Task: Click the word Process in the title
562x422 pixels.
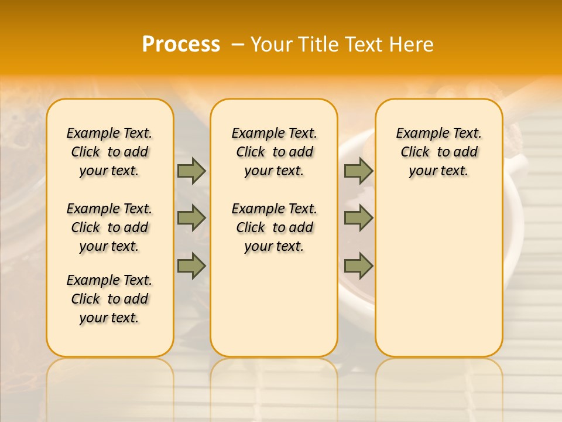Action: pyautogui.click(x=181, y=45)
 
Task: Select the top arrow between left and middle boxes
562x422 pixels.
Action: pyautogui.click(x=191, y=171)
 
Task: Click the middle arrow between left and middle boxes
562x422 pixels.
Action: pyautogui.click(x=191, y=218)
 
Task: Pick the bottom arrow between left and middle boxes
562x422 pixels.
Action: pyautogui.click(x=191, y=266)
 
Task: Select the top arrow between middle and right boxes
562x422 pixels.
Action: pyautogui.click(x=358, y=171)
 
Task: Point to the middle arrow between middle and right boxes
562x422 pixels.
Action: pyautogui.click(x=358, y=218)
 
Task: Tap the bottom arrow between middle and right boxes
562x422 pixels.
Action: pyautogui.click(x=358, y=266)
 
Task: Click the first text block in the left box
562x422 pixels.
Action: pyautogui.click(x=109, y=152)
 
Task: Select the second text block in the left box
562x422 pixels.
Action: pyautogui.click(x=109, y=227)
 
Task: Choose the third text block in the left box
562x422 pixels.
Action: pyautogui.click(x=109, y=299)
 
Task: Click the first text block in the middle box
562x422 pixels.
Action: pyautogui.click(x=274, y=152)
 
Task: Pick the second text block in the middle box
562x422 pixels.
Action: pyautogui.click(x=274, y=227)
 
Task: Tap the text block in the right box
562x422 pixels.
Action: pyautogui.click(x=439, y=152)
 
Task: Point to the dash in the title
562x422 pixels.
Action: pyautogui.click(x=238, y=45)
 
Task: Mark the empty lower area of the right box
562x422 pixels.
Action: pyautogui.click(x=439, y=275)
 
